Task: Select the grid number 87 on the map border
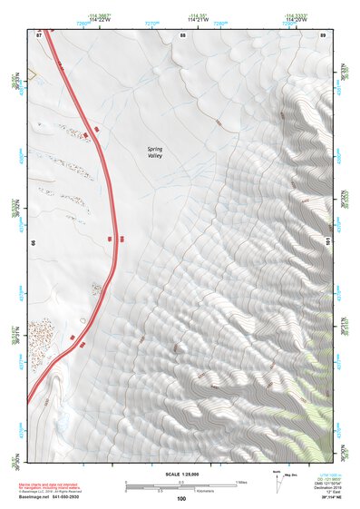(39, 34)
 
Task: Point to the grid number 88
(182, 34)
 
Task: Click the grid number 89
(323, 34)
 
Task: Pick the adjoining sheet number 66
(34, 243)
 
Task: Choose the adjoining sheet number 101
(327, 242)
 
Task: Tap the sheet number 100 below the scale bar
(181, 499)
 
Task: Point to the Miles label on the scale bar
(240, 482)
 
